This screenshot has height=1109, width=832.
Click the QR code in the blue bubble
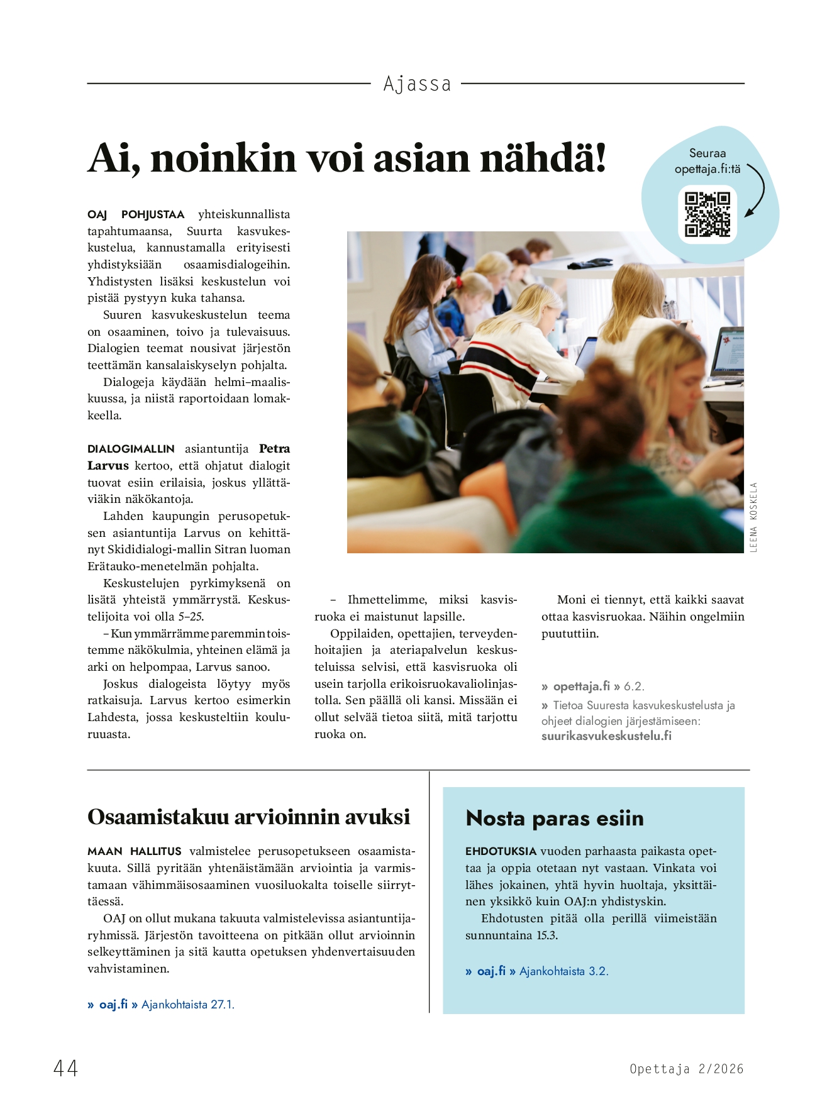707,214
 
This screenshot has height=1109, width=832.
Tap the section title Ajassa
417,84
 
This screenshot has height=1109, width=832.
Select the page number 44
65,1068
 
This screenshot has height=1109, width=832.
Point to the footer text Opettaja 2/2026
686,1069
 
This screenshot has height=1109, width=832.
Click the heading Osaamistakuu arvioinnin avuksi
248,817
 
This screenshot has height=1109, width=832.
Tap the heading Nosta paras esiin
555,818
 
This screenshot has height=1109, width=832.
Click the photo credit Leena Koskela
753,517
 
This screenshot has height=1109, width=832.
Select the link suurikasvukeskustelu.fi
606,736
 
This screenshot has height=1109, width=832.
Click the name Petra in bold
274,449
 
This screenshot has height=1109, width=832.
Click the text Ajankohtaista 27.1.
187,1005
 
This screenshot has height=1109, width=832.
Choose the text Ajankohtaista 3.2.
563,971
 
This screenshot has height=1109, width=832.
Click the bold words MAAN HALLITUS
135,851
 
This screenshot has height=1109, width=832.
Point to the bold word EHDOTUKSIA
501,851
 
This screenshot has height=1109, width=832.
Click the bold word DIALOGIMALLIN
131,449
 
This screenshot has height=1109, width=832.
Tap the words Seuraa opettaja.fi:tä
707,161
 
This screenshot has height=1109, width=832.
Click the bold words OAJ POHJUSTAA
136,214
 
